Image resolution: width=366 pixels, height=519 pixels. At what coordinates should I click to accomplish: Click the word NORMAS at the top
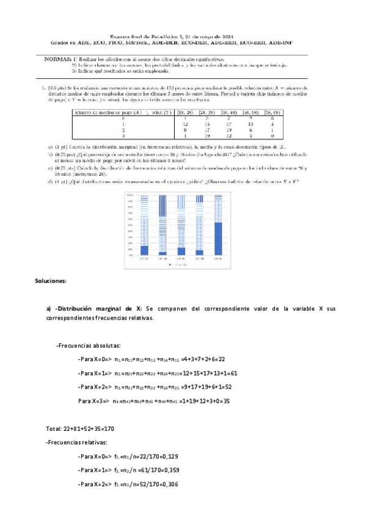tap(58, 59)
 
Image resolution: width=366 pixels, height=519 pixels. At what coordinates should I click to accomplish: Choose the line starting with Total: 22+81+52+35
tap(79, 428)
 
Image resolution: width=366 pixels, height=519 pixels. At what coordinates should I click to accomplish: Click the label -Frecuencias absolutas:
tap(89, 345)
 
